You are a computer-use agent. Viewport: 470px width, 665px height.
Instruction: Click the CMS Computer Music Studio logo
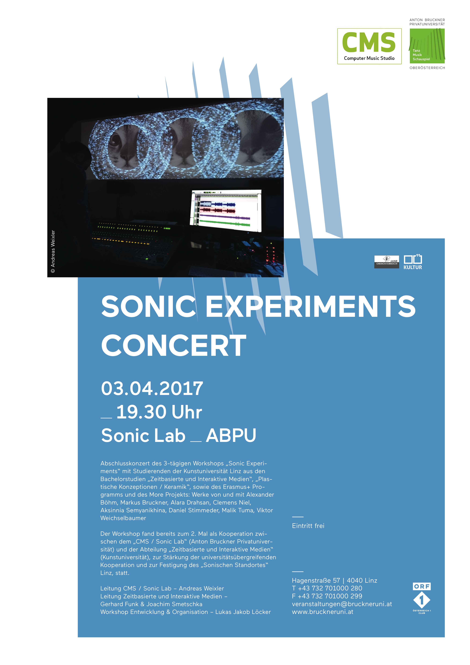click(x=369, y=46)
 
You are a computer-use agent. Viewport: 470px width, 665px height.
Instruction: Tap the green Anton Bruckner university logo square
click(x=427, y=46)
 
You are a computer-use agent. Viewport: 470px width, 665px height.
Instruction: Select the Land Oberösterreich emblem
click(x=387, y=262)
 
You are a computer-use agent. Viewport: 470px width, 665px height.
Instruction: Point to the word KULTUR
click(x=413, y=267)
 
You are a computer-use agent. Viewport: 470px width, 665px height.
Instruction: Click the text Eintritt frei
click(x=308, y=526)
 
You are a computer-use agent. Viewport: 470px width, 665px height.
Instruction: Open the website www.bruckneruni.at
click(x=323, y=612)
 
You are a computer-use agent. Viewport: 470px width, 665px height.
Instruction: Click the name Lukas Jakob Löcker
click(x=243, y=612)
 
